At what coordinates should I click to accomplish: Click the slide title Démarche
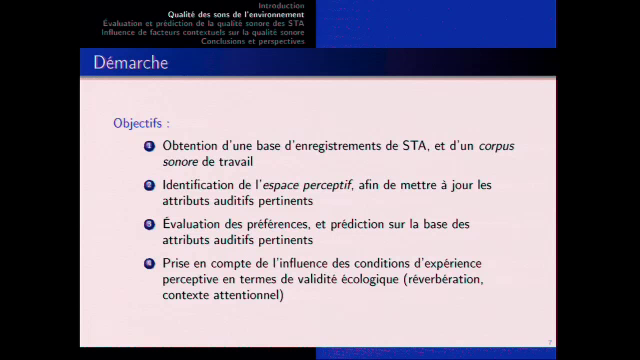coord(131,63)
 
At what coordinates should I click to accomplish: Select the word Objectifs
coord(139,124)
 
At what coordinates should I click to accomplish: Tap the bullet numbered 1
coord(149,146)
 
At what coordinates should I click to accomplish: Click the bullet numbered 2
coord(149,185)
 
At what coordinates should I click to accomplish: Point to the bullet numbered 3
coord(149,225)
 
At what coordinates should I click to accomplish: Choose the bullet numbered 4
coord(149,264)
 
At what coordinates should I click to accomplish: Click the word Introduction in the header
coord(281,6)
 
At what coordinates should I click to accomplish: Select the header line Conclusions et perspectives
coord(253,42)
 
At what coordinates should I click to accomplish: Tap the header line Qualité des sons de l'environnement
coord(236,15)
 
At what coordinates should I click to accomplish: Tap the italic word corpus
coord(496,146)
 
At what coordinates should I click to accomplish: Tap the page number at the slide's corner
coord(550,342)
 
